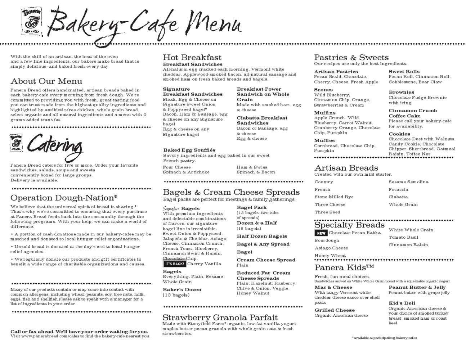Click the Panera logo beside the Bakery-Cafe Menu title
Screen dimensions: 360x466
coord(32,21)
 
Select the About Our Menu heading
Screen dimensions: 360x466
coord(46,81)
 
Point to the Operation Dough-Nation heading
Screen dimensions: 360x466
coord(64,198)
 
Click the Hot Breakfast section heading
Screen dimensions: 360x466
coord(192,58)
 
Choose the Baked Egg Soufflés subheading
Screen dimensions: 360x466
coord(189,150)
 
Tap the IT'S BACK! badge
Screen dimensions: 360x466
coord(175,264)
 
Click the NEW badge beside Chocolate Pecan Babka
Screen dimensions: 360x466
coord(321,233)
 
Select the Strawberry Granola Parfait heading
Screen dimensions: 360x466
coord(220,318)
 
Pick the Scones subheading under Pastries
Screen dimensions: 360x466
coord(323,90)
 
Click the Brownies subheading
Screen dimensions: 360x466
coord(401,92)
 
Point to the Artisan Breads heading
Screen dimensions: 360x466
coord(346,168)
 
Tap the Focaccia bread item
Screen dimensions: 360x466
coord(398,189)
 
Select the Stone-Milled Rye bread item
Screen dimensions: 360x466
coord(334,197)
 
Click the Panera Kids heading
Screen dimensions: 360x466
coord(344,267)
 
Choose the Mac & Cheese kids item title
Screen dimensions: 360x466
coord(333,287)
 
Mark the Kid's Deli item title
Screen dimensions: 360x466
coord(402,303)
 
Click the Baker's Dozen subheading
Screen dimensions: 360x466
coord(182,289)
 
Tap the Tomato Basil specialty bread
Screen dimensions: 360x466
coord(403,237)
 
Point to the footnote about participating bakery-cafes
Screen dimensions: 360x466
coord(384,338)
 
